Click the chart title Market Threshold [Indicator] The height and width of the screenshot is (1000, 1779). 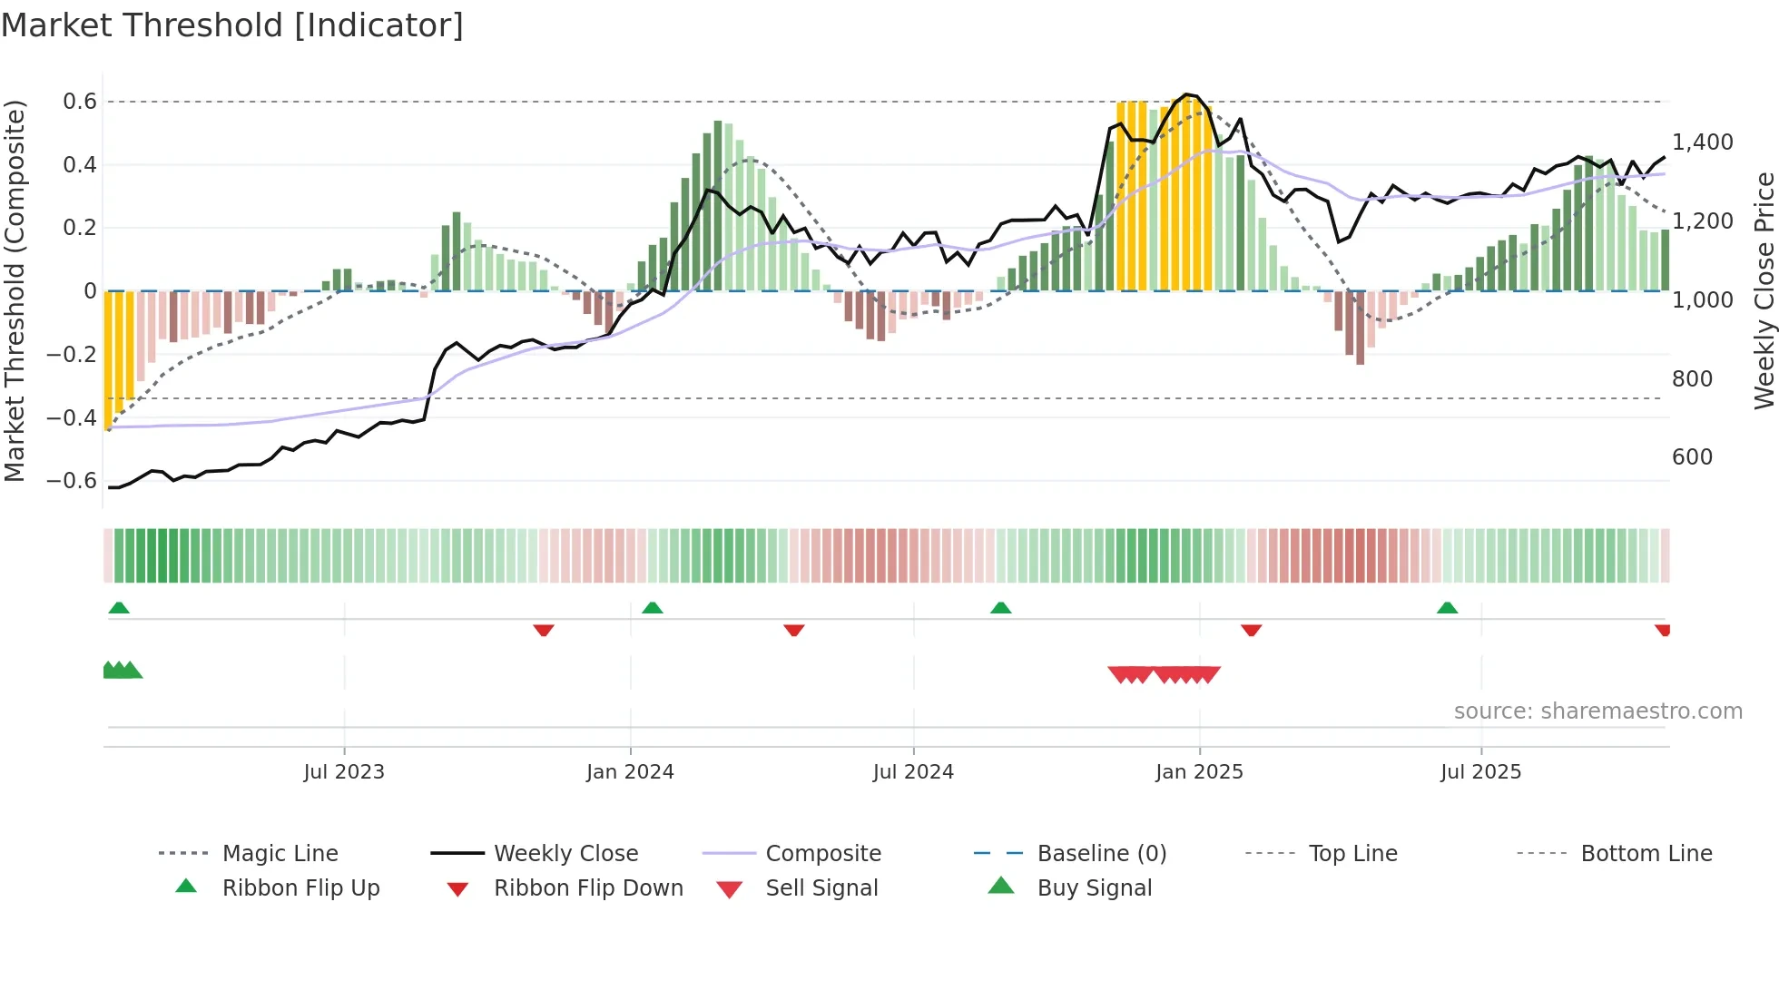(232, 25)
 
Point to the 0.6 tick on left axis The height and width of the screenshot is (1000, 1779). (80, 102)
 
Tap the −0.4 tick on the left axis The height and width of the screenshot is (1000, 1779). (72, 417)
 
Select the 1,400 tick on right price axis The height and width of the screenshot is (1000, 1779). (1702, 142)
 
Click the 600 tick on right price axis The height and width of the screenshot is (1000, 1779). (1692, 457)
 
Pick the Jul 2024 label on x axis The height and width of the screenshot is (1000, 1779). (913, 772)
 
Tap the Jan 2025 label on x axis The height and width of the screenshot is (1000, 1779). (1199, 772)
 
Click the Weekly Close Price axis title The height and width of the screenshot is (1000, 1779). (1764, 290)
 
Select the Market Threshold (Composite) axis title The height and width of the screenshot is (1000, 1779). (15, 290)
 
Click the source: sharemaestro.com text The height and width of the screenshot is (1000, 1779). (1597, 711)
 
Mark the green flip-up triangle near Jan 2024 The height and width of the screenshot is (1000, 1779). (653, 608)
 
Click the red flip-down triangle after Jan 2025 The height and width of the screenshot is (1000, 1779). (1251, 630)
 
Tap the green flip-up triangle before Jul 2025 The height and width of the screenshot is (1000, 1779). (1447, 608)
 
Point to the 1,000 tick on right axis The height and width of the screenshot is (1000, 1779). (1702, 300)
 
